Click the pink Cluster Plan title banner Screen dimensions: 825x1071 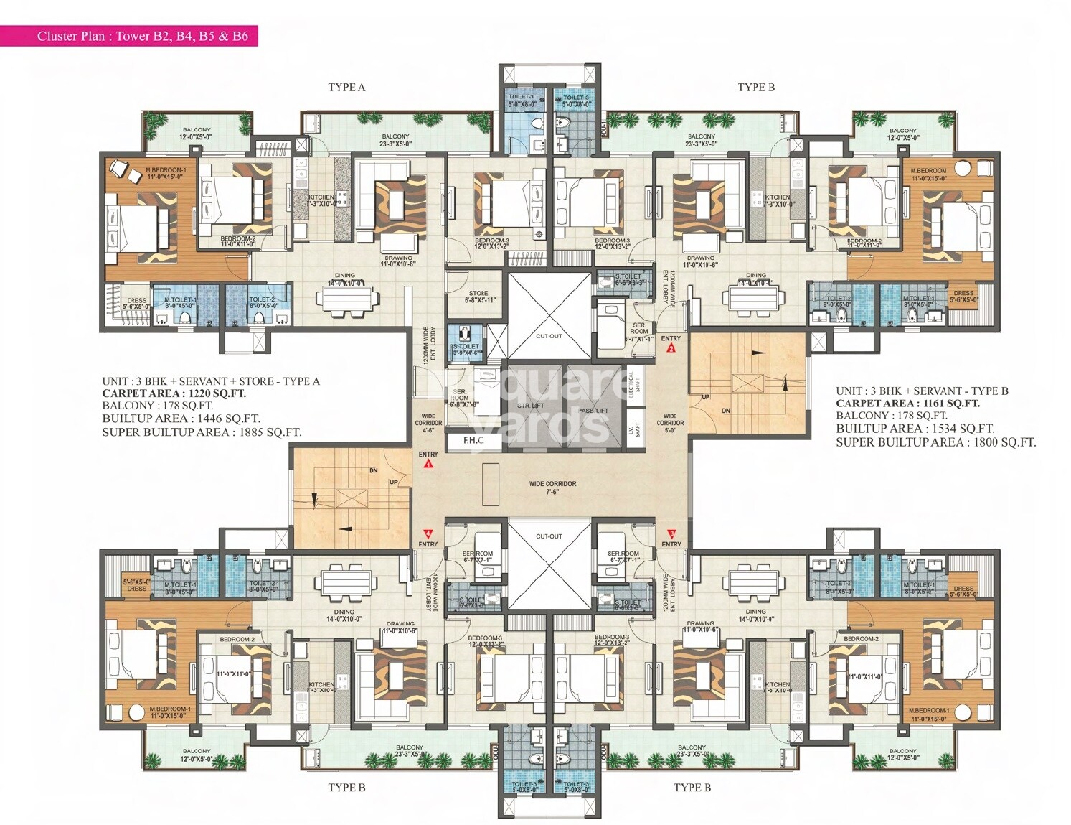[x=129, y=35]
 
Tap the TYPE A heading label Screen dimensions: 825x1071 [x=346, y=87]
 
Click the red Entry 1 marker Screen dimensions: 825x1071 [x=429, y=464]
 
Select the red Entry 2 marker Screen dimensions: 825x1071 [x=671, y=349]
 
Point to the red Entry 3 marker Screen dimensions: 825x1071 [x=671, y=533]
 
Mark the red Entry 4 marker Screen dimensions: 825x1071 [x=428, y=533]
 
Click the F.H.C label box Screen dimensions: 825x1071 [x=473, y=441]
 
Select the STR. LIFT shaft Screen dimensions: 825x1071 [x=532, y=406]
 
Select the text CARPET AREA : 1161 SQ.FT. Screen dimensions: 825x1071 [x=907, y=404]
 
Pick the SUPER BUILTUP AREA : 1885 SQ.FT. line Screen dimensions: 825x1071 [x=202, y=432]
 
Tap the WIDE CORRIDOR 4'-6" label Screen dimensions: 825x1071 [x=428, y=423]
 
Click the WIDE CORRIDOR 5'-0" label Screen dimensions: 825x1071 [x=670, y=423]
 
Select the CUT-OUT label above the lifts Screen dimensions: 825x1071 [x=549, y=336]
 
